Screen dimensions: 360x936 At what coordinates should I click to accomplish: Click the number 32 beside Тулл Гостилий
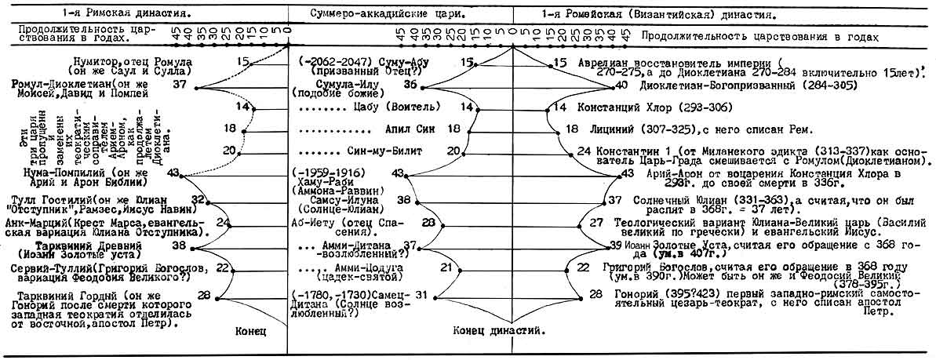coord(198,199)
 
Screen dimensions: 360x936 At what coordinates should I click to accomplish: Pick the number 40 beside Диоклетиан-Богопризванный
coord(621,85)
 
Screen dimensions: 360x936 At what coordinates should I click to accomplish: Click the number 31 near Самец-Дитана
coord(421,295)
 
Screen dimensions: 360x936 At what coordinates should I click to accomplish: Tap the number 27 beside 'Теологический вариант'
coord(596,223)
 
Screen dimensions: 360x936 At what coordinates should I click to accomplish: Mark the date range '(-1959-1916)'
coord(335,173)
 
